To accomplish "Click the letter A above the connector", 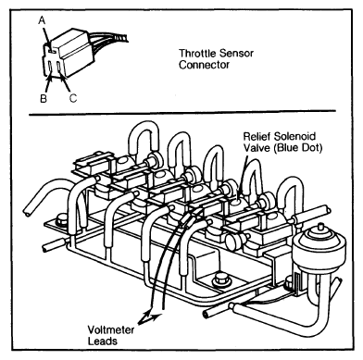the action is tap(42, 20).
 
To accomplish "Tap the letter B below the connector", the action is tap(44, 98).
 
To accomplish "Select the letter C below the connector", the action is tap(73, 98).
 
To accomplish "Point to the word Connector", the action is tap(204, 65).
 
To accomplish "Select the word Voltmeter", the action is tap(111, 329).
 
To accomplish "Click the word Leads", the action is tap(103, 341).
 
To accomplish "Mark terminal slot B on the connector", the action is tap(50, 67).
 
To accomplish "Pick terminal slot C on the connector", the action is tap(58, 68).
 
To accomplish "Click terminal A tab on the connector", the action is tap(51, 50).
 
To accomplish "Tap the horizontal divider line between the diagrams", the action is tap(182, 113).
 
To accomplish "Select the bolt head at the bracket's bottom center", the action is tap(221, 278).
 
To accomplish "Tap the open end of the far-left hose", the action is tap(27, 212).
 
